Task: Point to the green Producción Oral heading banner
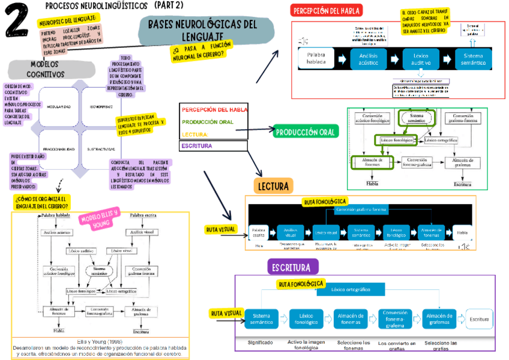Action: (306, 131)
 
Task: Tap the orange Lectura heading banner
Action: (273, 186)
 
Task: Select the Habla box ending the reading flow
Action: (462, 232)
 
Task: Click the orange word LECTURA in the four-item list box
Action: (195, 134)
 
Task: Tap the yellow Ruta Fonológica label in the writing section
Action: (301, 283)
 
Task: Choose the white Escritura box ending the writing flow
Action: (480, 319)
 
